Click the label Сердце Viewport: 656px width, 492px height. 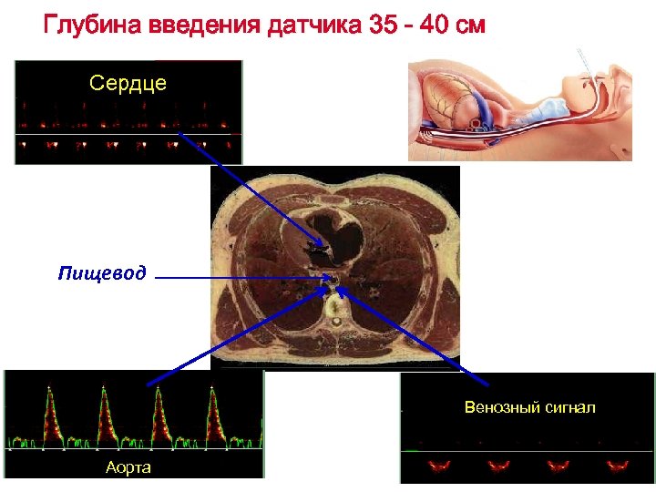(128, 84)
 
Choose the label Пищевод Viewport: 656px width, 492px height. (102, 273)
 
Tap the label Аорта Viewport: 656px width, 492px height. (128, 467)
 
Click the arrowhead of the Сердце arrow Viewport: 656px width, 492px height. (320, 246)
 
